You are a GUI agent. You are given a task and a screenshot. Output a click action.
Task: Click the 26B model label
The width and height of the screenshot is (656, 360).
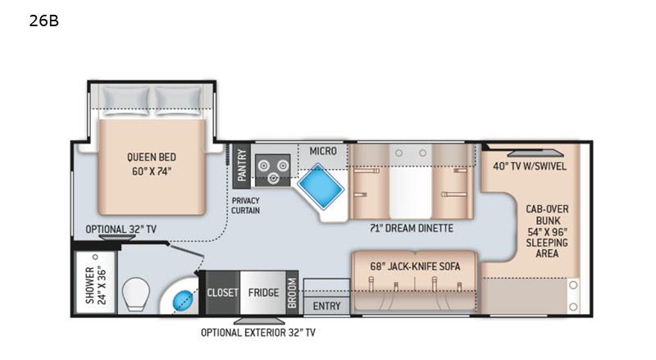point(44,21)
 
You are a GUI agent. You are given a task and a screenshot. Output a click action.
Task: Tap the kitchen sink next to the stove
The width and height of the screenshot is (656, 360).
point(321,186)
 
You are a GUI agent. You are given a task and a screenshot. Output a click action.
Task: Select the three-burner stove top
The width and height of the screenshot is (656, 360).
point(273,170)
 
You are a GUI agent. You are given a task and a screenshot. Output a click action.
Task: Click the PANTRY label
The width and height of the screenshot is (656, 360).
point(241,166)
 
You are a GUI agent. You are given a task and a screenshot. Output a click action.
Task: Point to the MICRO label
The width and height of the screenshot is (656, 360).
point(323,151)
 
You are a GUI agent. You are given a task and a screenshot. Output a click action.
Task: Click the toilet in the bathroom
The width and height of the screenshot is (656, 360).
point(136,294)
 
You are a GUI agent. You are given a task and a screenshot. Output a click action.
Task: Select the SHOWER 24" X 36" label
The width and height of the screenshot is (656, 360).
point(96,285)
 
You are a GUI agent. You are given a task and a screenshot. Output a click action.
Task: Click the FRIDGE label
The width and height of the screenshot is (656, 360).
point(263,292)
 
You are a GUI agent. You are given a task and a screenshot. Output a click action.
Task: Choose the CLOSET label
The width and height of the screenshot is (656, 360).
point(222,292)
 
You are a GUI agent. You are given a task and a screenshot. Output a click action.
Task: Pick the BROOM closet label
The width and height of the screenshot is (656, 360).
point(292,293)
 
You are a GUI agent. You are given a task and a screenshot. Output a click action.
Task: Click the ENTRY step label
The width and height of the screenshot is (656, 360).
point(326,306)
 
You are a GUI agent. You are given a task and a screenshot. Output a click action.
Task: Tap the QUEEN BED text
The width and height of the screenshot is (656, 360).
point(152,157)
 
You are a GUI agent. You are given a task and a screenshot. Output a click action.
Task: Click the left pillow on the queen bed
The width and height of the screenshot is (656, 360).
point(125,101)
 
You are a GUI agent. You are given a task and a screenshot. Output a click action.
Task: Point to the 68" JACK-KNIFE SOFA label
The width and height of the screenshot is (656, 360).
point(415,267)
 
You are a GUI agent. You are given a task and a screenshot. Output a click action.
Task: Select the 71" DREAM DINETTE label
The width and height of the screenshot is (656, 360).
point(412,228)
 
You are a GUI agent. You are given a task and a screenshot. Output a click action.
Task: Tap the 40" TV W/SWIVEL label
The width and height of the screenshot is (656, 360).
point(529,166)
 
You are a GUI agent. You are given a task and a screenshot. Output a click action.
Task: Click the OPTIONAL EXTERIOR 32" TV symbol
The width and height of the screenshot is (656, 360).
point(259,321)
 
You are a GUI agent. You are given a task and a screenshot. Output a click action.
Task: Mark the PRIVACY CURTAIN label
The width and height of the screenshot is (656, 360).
point(245,206)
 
